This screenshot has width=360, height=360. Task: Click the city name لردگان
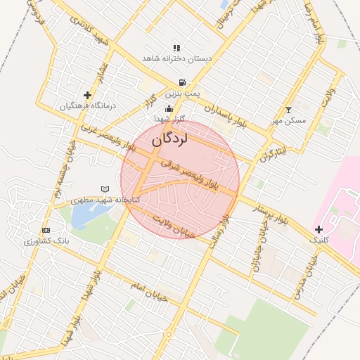tap(170, 140)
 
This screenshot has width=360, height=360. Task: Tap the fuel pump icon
tap(182, 82)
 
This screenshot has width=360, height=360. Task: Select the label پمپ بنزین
tap(183, 93)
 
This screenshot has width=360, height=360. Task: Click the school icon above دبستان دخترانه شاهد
tap(176, 49)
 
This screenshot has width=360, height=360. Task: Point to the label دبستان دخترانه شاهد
tap(176, 59)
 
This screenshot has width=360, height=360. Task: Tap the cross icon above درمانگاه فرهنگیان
tap(87, 95)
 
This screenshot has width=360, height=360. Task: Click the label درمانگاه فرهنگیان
tap(87, 106)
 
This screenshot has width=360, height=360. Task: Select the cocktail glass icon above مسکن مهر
tap(288, 110)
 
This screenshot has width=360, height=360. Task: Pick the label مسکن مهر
tap(289, 120)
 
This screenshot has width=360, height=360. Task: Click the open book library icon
tap(105, 189)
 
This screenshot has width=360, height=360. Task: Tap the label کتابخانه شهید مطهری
tap(107, 200)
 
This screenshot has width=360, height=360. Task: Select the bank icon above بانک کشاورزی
tap(46, 230)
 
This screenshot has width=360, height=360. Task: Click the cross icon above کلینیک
tap(319, 229)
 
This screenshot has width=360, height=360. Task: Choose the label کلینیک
tap(319, 240)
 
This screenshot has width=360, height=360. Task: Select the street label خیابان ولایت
tap(174, 226)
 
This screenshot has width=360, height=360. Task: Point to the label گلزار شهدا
tap(169, 119)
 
